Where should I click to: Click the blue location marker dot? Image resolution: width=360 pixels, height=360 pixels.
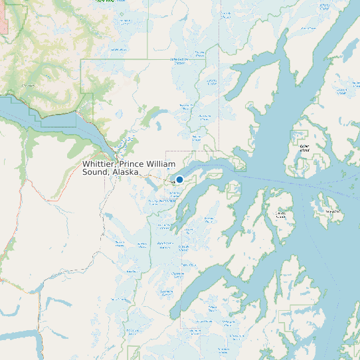click(x=179, y=179)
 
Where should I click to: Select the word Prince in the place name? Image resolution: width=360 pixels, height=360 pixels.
click(x=133, y=164)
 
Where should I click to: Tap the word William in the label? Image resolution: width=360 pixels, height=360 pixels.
click(x=162, y=164)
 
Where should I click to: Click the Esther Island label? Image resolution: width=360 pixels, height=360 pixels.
click(x=304, y=148)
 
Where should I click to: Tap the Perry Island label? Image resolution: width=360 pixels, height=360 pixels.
click(x=329, y=211)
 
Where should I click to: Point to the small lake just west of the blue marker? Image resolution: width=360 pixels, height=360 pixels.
click(x=168, y=179)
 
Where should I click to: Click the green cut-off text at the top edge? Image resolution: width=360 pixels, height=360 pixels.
click(x=104, y=1)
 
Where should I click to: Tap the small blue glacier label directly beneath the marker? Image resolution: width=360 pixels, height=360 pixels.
click(x=175, y=194)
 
